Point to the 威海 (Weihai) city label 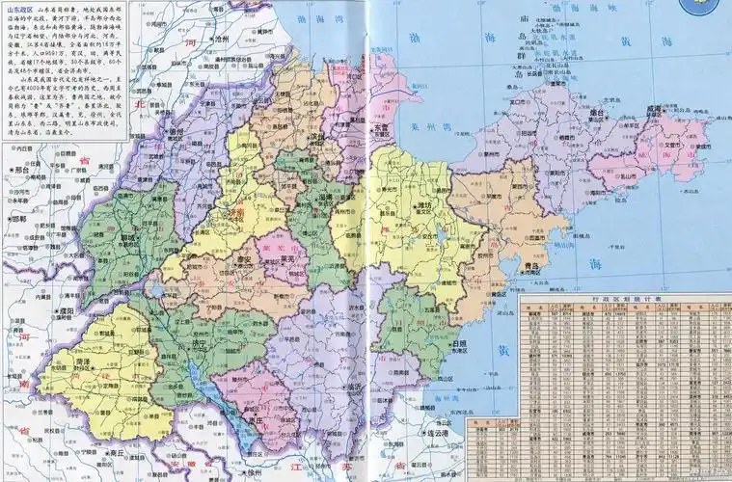click(x=657, y=112)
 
